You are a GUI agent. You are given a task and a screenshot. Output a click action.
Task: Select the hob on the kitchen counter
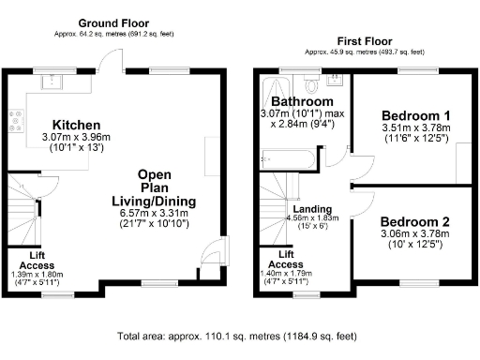(x=16, y=120)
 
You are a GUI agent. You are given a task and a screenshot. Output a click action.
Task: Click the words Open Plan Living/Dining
(x=154, y=187)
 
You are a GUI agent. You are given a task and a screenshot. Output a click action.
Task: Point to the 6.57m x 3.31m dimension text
(x=154, y=213)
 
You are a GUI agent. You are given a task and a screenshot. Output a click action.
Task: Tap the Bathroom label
(x=302, y=101)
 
